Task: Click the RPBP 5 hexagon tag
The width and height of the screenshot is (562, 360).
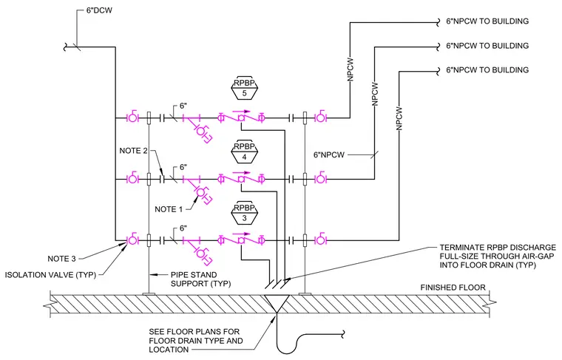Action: (244, 88)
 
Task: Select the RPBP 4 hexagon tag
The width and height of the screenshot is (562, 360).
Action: (244, 152)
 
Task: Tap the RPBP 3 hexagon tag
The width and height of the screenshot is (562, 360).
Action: (244, 213)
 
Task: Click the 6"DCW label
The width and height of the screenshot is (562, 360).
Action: (99, 10)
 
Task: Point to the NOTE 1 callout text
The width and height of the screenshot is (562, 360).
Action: (169, 209)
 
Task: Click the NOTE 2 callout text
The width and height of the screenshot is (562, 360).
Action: (133, 151)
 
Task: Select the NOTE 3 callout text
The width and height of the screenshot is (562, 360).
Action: (61, 259)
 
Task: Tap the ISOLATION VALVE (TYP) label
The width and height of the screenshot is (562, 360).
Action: (50, 275)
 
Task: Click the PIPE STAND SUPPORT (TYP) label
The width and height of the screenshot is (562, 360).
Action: (200, 279)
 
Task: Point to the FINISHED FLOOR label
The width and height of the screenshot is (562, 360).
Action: (453, 288)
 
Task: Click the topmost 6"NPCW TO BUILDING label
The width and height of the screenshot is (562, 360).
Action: (487, 21)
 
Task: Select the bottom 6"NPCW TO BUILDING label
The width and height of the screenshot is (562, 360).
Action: (487, 69)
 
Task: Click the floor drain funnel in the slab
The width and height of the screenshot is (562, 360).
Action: (277, 305)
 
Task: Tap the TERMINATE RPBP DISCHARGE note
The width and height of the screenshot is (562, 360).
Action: (498, 257)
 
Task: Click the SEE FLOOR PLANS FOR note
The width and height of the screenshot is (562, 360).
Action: (195, 341)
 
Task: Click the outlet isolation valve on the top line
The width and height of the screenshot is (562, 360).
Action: (320, 117)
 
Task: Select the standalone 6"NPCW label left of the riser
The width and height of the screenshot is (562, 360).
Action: (328, 155)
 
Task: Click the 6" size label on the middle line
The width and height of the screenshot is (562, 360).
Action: (183, 167)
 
